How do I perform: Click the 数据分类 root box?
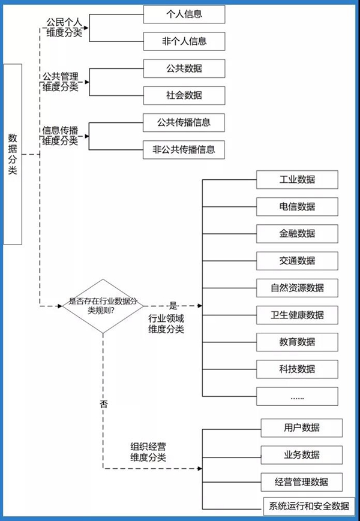[13, 154]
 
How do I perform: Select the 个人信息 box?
[184, 14]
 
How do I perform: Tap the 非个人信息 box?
[184, 41]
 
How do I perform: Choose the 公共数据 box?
[184, 68]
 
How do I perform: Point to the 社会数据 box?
[184, 95]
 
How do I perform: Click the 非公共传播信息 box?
[184, 150]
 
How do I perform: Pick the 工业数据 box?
[297, 180]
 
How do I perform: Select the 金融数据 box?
[297, 234]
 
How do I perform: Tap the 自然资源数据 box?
[297, 288]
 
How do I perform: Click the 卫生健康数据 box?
[297, 315]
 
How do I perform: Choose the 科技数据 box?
[297, 369]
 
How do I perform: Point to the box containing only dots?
[297, 396]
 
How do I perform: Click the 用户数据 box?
[302, 427]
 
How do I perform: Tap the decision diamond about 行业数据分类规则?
[103, 306]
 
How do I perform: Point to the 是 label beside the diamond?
[174, 305]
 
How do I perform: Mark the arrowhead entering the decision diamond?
[59, 306]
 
